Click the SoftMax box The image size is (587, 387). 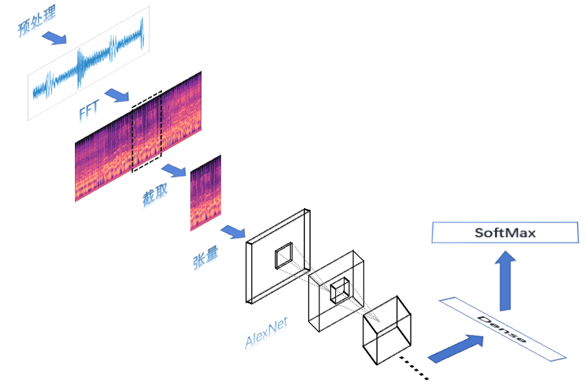tap(505, 233)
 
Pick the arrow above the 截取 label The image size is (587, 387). tap(174, 170)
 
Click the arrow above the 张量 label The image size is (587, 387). tap(232, 231)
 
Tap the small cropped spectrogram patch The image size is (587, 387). tap(205, 193)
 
